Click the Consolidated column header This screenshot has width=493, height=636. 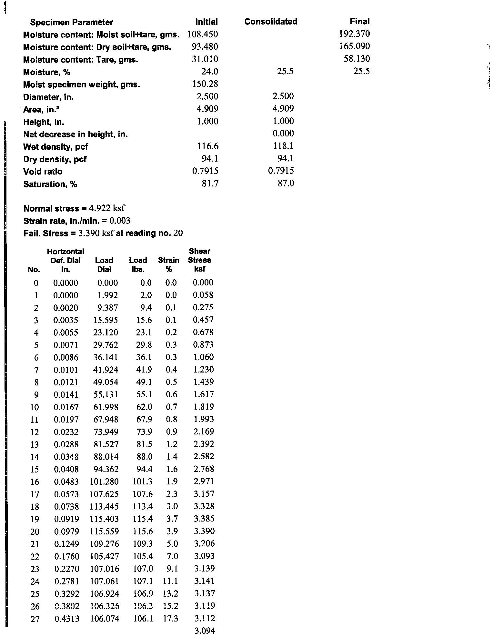[x=271, y=22]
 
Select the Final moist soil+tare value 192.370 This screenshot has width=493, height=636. [x=354, y=34]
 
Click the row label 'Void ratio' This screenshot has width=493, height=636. [x=43, y=172]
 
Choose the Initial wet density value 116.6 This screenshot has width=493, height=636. [x=208, y=146]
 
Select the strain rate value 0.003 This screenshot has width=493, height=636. [x=120, y=221]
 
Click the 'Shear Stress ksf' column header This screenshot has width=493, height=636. [x=199, y=260]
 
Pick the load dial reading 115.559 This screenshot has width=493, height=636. [x=104, y=531]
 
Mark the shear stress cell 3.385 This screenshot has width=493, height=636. [x=204, y=519]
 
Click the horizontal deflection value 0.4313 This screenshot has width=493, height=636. [x=66, y=618]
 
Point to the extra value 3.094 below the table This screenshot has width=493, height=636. [x=205, y=631]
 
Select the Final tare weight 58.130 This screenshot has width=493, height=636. [x=357, y=59]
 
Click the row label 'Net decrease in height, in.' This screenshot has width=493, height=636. [x=75, y=134]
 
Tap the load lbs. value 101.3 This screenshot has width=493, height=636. [x=142, y=482]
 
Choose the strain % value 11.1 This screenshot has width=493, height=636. [x=170, y=581]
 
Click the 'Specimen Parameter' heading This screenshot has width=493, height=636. [x=71, y=22]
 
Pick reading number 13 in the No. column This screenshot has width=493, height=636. [x=35, y=444]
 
